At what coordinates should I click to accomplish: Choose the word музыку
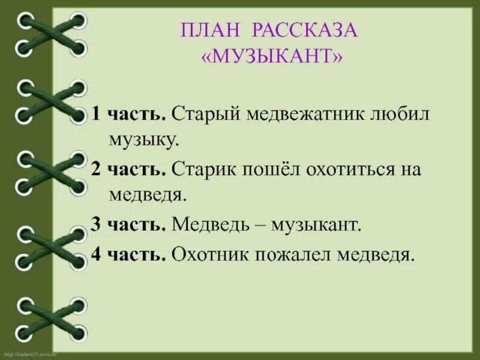[x=143, y=140]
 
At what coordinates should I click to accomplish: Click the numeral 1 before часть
[x=95, y=114]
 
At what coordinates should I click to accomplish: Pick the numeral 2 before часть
[x=95, y=169]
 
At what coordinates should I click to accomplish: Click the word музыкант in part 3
[x=317, y=224]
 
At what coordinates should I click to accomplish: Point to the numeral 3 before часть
[x=95, y=224]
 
